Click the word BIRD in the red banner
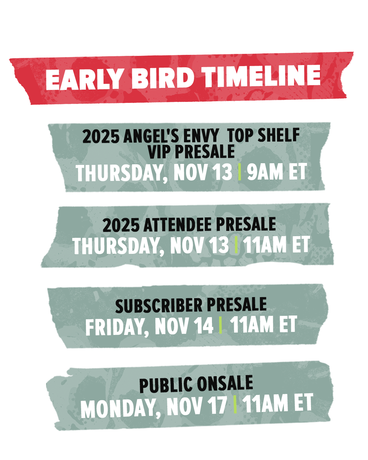click(163, 78)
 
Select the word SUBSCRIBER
click(159, 306)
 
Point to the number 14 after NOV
click(205, 325)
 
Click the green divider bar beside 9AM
click(240, 172)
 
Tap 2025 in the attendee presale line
click(121, 225)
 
